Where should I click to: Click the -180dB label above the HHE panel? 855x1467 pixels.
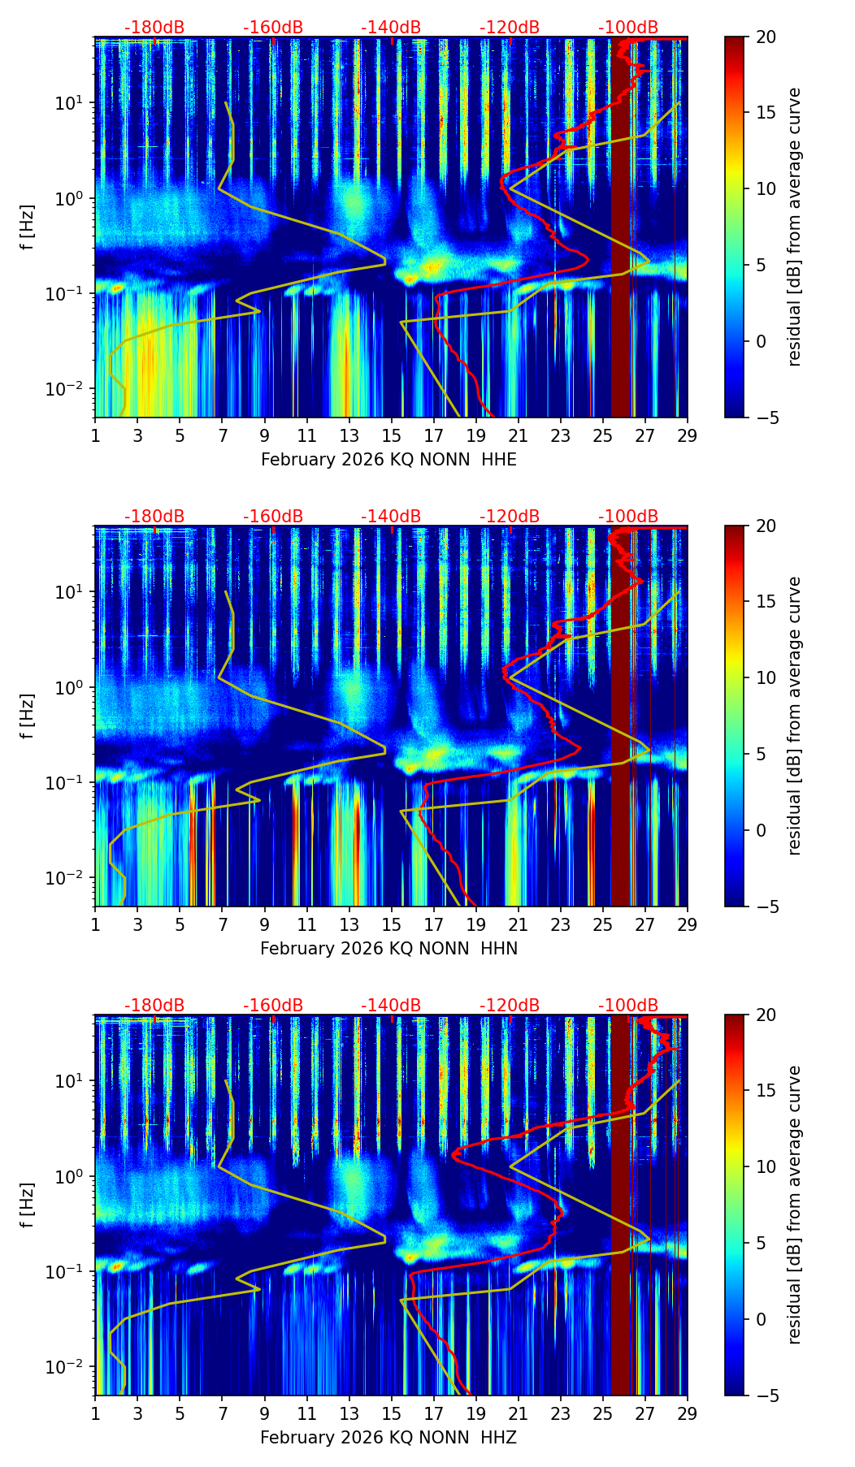point(154,28)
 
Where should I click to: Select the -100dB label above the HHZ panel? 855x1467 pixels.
point(628,1006)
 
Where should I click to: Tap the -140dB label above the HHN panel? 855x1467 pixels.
point(391,517)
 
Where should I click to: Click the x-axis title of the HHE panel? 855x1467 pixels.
point(388,460)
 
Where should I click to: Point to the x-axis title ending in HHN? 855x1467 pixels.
point(388,949)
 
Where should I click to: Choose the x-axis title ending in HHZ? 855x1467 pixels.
point(388,1438)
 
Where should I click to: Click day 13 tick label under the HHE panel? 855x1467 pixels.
point(349,435)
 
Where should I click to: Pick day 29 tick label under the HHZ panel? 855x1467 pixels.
point(687,1413)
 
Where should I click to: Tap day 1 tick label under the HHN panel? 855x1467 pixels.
point(95,924)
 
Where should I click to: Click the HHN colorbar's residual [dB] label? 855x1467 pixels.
point(795,716)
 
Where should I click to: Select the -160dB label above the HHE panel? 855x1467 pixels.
point(273,28)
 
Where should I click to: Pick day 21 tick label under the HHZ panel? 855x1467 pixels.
point(518,1413)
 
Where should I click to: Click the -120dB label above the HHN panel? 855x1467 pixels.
point(510,517)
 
